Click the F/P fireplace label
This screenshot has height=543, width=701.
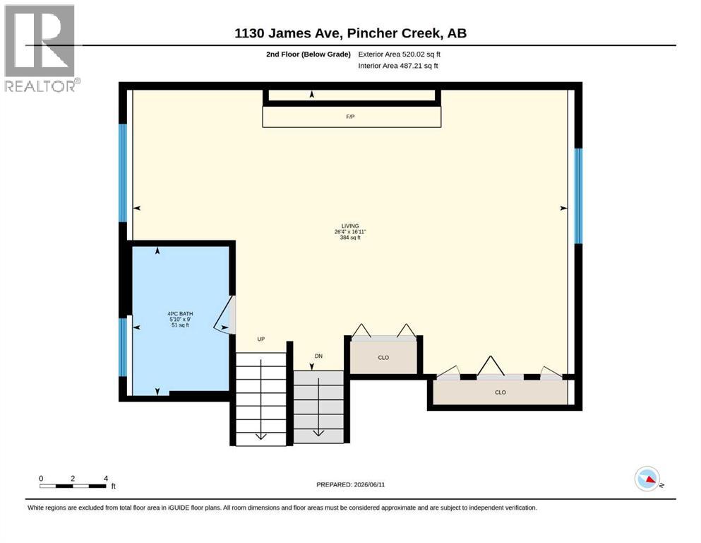tap(350, 117)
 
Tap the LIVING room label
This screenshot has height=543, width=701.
tap(350, 226)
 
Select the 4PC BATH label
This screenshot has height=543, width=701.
tap(180, 314)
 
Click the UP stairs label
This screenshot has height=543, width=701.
tap(261, 339)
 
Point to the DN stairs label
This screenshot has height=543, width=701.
tap(318, 356)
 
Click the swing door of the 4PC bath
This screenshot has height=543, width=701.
tap(225, 314)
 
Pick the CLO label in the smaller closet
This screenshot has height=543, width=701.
tap(383, 358)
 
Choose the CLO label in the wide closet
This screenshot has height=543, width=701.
tap(501, 392)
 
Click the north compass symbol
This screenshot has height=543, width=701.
tap(648, 479)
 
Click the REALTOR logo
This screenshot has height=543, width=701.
tap(42, 48)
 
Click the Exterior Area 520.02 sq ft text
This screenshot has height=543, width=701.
tap(400, 54)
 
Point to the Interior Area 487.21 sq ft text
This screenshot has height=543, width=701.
tap(398, 66)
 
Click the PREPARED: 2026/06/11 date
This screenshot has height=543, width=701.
tap(350, 485)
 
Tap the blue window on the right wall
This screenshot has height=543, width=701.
tap(578, 196)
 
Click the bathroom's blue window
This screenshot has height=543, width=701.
tap(123, 347)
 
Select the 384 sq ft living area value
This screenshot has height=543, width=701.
tap(350, 238)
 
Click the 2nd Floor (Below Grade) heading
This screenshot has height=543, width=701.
tap(308, 54)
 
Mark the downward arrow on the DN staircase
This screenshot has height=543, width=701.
tap(318, 407)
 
